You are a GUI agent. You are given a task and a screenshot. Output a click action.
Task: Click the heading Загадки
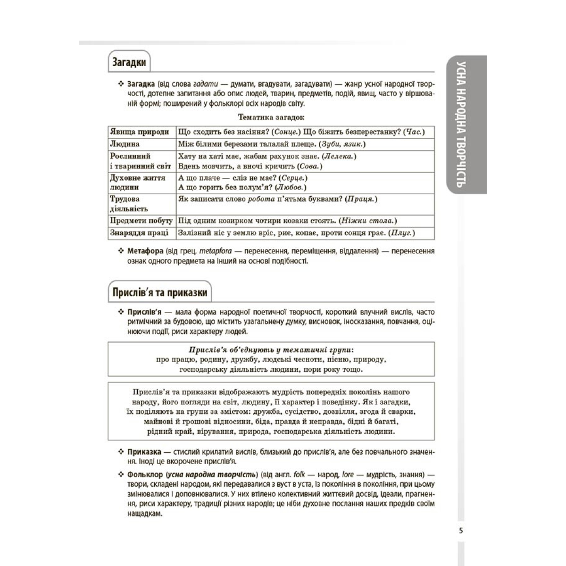pos(129,62)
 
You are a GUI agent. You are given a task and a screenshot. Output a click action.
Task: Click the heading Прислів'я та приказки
pos(160,292)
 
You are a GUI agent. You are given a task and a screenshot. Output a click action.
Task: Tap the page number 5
pos(461,531)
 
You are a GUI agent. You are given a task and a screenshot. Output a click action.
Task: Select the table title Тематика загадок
pos(271,117)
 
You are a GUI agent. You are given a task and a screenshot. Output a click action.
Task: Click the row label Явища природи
pos(139,132)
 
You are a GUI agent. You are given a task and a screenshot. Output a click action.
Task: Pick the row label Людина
pos(125,144)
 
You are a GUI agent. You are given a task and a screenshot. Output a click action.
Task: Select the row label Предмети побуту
pos(141,220)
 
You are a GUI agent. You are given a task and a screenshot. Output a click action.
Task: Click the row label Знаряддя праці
pos(139,233)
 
